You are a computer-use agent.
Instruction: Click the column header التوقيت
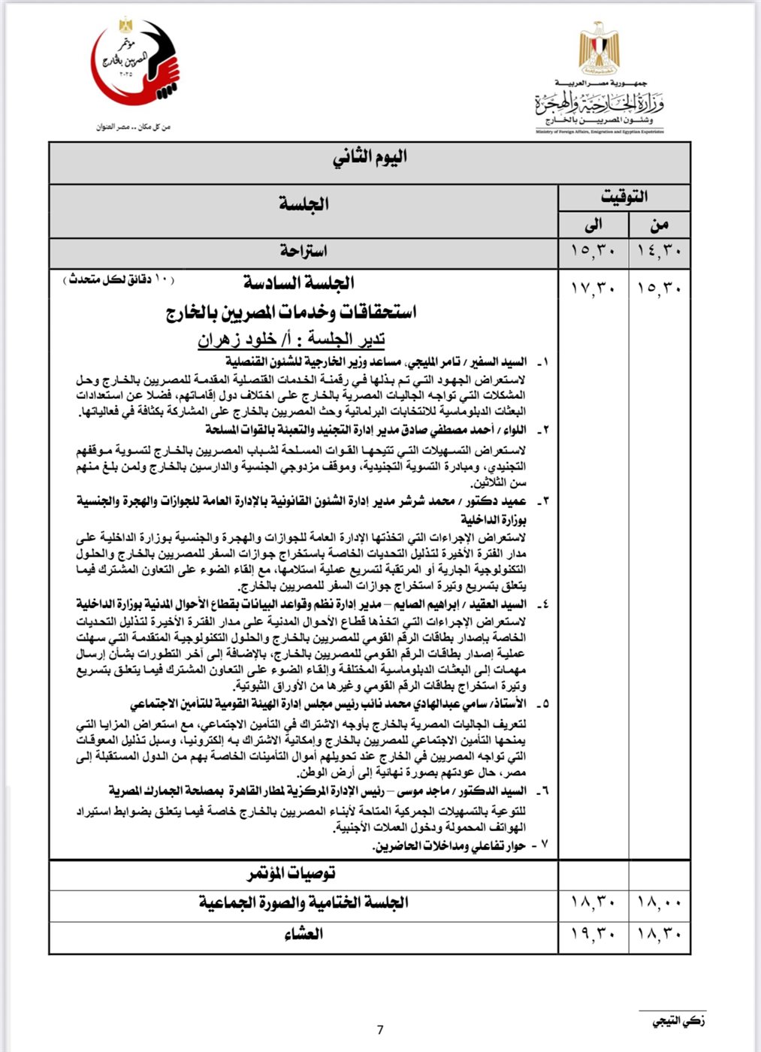[x=624, y=197]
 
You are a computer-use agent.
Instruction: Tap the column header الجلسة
[x=303, y=204]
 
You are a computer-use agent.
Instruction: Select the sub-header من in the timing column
[x=659, y=224]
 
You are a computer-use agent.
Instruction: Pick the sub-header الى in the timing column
[x=593, y=224]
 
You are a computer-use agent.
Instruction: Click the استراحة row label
[x=303, y=250]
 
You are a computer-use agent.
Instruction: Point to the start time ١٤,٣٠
[x=659, y=251]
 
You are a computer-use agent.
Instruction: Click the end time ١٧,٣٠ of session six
[x=593, y=288]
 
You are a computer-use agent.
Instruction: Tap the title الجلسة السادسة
[x=298, y=283]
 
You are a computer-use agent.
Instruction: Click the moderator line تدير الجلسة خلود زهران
[x=291, y=340]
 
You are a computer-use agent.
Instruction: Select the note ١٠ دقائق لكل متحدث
[x=120, y=280]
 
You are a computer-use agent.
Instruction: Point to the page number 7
[x=380, y=1029]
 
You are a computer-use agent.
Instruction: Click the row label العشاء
[x=303, y=934]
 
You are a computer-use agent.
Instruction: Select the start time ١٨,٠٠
[x=659, y=902]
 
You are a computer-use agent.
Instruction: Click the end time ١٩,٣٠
[x=593, y=934]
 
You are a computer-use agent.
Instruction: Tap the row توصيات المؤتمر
[x=292, y=873]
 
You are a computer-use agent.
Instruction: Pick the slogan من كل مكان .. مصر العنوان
[x=134, y=127]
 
